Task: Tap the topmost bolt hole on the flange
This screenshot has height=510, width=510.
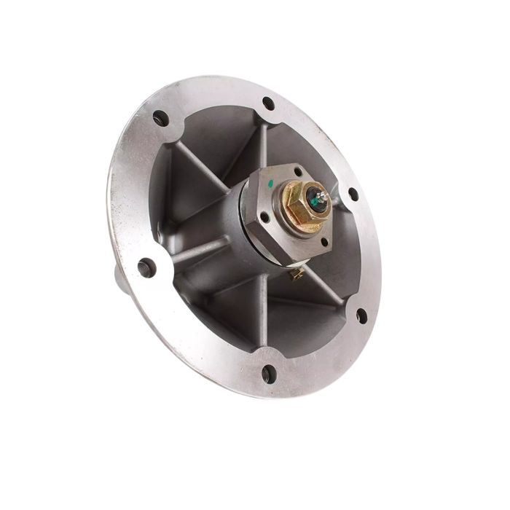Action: (268, 103)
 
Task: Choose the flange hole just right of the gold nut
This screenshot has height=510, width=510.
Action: (353, 195)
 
